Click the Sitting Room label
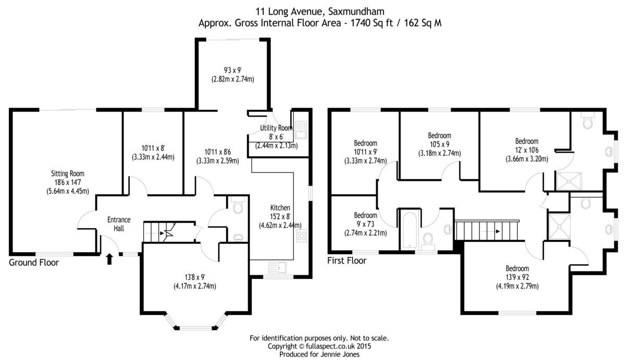click(x=68, y=173)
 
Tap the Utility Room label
click(x=276, y=128)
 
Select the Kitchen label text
click(x=280, y=208)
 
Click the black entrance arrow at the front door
click(x=109, y=259)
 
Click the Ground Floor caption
click(x=34, y=263)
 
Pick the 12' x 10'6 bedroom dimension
click(x=527, y=150)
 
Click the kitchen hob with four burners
click(x=302, y=236)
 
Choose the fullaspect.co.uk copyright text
click(x=319, y=346)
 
